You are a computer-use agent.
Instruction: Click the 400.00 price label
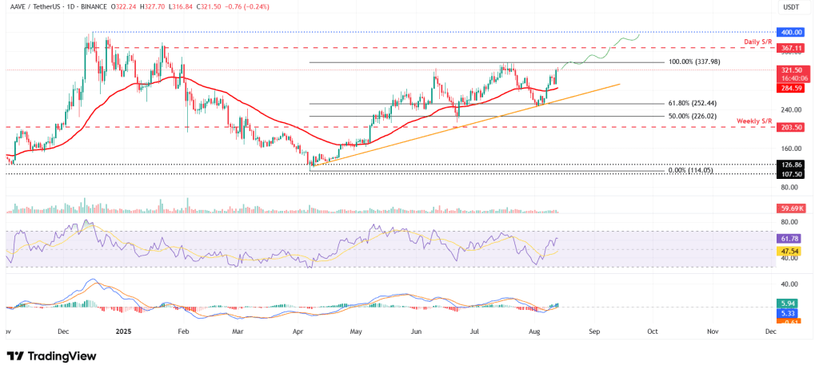click(792, 32)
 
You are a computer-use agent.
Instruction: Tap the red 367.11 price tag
click(792, 48)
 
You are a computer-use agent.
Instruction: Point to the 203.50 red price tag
click(792, 127)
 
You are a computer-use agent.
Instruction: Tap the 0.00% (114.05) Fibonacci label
click(691, 170)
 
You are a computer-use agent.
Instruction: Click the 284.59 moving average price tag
click(792, 89)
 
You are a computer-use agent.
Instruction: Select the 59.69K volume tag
click(792, 208)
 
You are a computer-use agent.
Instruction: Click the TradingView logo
click(51, 355)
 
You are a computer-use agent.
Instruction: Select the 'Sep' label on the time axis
click(593, 329)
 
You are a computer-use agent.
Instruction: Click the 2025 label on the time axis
click(124, 329)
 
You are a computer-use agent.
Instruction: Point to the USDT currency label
click(791, 7)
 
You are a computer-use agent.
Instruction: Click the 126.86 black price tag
click(792, 164)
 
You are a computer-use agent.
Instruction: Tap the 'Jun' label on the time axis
click(416, 329)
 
